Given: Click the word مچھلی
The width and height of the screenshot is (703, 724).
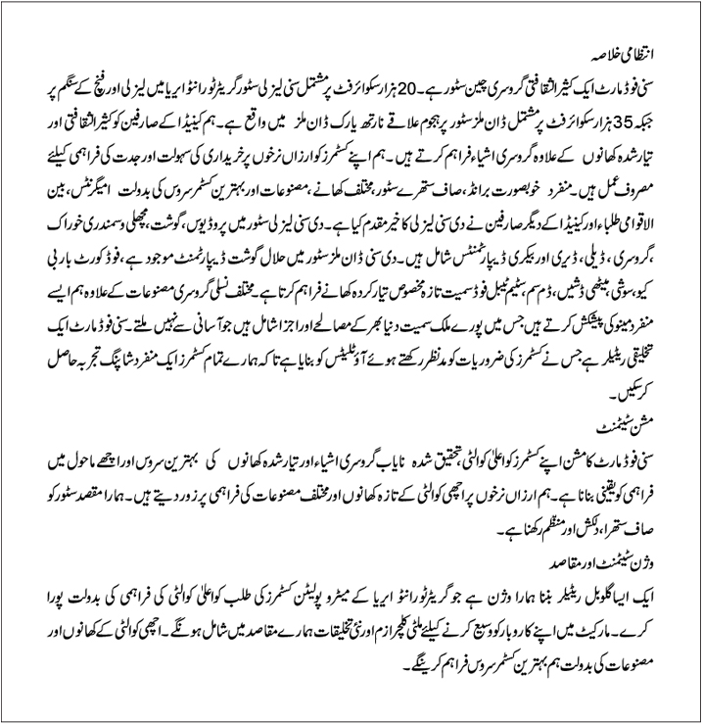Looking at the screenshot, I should (x=149, y=236).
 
